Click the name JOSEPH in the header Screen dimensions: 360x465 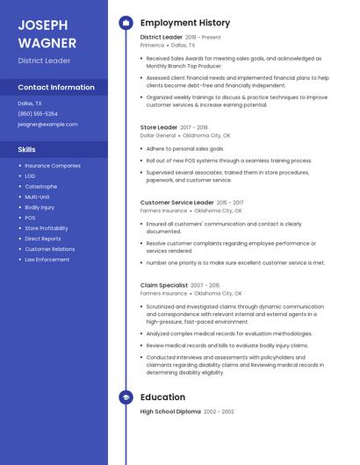click(x=43, y=25)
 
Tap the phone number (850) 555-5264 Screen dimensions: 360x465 click(x=38, y=113)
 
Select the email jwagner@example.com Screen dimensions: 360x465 click(x=47, y=124)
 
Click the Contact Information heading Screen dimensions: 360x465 click(x=56, y=88)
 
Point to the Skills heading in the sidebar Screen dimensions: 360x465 click(x=27, y=149)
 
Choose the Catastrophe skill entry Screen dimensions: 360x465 click(x=41, y=186)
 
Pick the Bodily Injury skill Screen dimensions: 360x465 click(x=40, y=207)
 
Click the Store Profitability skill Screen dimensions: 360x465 click(x=46, y=228)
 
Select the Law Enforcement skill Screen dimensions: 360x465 click(x=47, y=260)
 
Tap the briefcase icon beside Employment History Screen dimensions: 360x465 click(x=126, y=22)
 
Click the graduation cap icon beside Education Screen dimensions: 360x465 click(x=126, y=397)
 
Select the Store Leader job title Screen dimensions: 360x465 click(x=159, y=127)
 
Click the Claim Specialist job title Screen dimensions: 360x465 click(x=164, y=285)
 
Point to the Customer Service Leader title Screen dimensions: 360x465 click(x=177, y=203)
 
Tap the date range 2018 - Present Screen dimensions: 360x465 click(x=204, y=38)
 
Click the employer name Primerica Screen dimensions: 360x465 click(x=152, y=45)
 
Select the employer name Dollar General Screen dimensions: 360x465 click(x=158, y=136)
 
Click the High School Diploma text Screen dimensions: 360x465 click(x=170, y=411)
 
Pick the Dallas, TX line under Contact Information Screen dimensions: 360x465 click(x=30, y=103)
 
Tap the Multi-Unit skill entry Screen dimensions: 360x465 click(x=37, y=197)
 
